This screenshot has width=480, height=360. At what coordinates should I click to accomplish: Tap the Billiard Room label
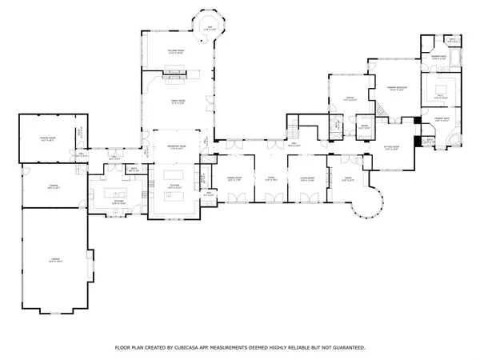click(x=178, y=52)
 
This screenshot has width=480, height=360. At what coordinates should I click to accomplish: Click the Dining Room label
click(x=235, y=178)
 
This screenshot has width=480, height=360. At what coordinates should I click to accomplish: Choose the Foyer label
click(x=270, y=178)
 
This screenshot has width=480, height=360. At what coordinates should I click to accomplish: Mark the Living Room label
click(x=307, y=178)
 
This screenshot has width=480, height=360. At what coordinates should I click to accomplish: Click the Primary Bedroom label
click(x=394, y=88)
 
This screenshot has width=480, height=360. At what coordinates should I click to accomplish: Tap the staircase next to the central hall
click(x=294, y=126)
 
